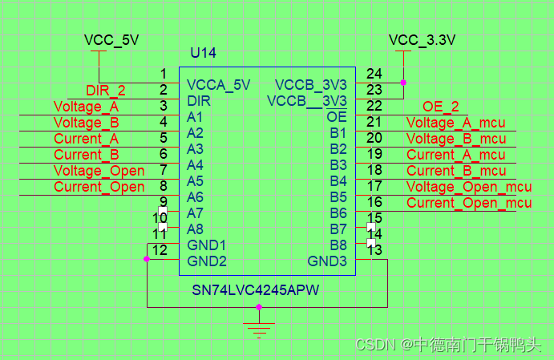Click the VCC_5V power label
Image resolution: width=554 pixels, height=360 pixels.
[111, 39]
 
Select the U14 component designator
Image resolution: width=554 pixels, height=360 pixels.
[203, 54]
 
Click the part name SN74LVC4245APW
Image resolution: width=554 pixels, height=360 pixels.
[255, 289]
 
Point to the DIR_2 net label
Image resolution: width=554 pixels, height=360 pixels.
[106, 90]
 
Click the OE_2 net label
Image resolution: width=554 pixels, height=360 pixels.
[441, 107]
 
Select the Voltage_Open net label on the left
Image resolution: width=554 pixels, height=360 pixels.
[99, 171]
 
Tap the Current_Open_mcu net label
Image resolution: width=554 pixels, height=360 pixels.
[469, 203]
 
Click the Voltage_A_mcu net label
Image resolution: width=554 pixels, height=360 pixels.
[455, 123]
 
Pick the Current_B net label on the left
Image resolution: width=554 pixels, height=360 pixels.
[87, 155]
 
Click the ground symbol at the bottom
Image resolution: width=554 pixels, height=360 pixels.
[258, 329]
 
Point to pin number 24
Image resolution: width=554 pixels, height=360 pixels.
[374, 74]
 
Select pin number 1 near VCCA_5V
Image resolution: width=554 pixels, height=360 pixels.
[164, 74]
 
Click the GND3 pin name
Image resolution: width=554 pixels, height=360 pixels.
[327, 261]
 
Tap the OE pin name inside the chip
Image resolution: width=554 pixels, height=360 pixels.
[337, 117]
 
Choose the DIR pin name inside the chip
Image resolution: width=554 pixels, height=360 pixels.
[199, 101]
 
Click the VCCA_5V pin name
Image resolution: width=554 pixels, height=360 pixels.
[218, 84]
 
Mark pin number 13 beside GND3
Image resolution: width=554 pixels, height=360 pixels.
[375, 250]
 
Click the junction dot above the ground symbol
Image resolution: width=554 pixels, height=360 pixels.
[258, 307]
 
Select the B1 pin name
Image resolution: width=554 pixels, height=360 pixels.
[338, 133]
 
